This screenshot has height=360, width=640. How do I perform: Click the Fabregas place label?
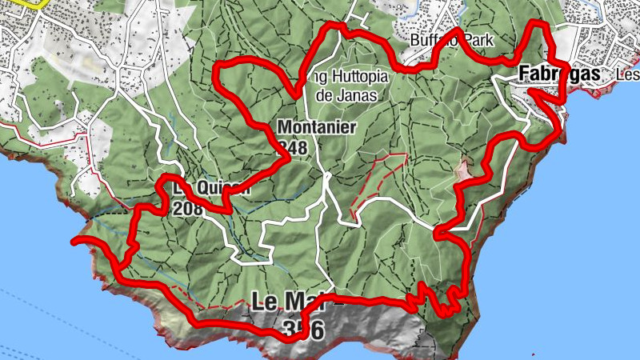pos(559,74)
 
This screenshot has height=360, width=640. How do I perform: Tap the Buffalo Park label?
pos(452,40)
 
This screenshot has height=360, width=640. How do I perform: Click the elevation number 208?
pos(183,208)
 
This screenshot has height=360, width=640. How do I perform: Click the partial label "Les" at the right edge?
pos(628,74)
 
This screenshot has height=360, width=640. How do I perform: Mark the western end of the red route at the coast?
pos(74,239)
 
